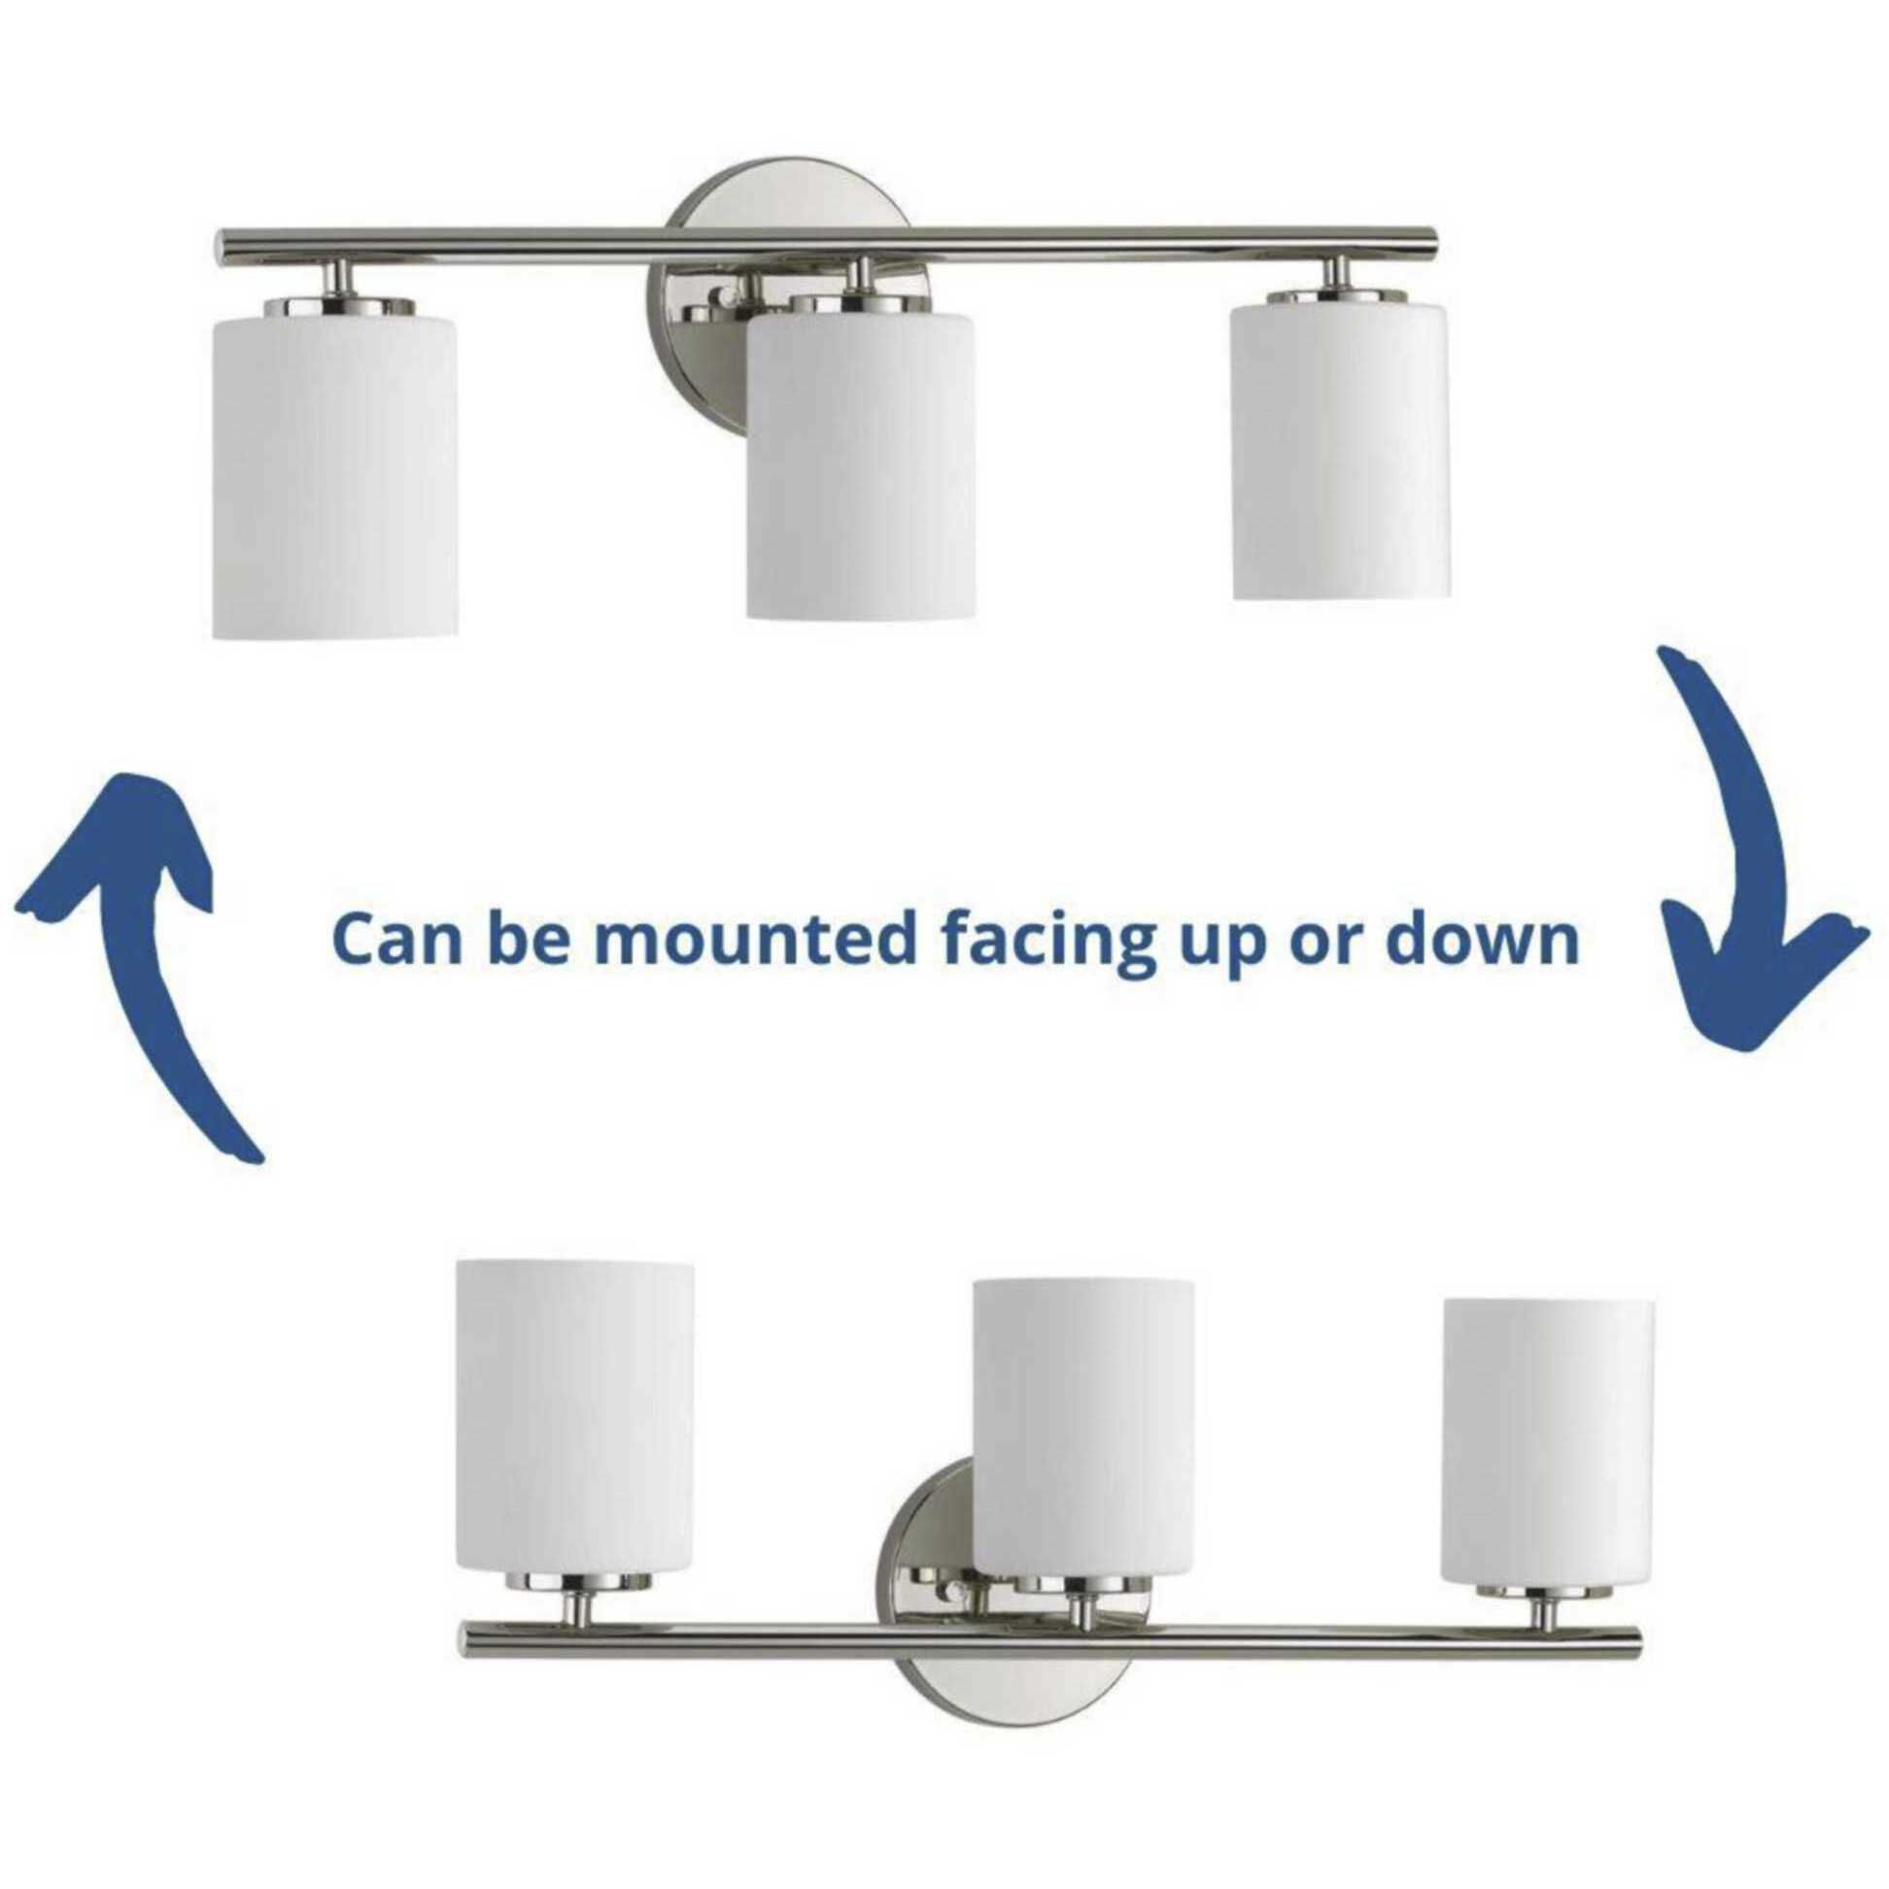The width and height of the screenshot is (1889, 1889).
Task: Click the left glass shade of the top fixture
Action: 335,469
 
